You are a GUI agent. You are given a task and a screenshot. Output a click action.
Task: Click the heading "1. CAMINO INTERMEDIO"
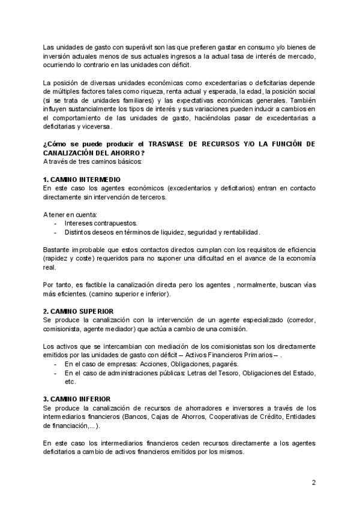[x=81, y=180]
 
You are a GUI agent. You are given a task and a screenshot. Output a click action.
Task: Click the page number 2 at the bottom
[x=313, y=483]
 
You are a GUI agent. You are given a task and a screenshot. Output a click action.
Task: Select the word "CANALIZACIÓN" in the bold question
[x=71, y=154]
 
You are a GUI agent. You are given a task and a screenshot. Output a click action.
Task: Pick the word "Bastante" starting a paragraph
[x=57, y=249]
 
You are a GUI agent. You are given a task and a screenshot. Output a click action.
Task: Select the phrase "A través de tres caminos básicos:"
[x=92, y=162]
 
